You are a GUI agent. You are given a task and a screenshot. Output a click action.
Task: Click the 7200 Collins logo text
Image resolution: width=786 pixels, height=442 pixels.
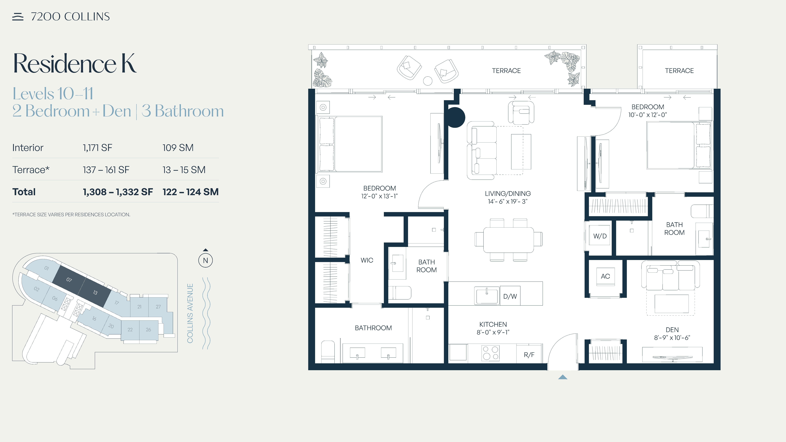70,17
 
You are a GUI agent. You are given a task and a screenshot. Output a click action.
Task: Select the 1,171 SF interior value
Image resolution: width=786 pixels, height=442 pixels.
97,148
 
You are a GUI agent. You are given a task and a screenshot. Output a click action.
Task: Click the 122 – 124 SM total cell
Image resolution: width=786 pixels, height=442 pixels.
190,192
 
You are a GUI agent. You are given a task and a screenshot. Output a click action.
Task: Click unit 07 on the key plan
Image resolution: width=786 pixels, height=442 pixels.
69,279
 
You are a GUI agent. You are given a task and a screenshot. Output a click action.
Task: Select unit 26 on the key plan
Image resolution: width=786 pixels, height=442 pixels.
148,329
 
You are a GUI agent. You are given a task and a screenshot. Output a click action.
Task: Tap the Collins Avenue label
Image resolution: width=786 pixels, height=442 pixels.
190,313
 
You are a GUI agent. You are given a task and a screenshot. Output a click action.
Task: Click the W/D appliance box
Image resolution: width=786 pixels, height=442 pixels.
600,236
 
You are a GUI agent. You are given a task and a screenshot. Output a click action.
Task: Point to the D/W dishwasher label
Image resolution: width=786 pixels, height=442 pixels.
510,296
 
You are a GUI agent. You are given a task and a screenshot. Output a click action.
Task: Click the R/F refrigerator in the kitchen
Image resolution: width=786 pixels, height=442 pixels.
529,354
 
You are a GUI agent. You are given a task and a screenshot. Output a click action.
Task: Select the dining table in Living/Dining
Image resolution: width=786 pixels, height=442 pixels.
508,240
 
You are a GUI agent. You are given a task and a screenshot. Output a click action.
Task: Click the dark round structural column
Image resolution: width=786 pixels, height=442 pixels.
455,117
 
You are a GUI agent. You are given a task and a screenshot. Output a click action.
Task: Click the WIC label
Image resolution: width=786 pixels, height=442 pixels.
367,260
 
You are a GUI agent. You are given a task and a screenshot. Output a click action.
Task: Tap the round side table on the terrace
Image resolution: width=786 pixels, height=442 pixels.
428,81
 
